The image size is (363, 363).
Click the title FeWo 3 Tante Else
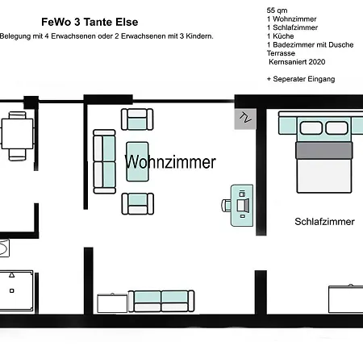coord(90,22)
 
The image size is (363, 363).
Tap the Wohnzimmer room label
coord(170,162)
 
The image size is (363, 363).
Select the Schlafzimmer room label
coord(324,222)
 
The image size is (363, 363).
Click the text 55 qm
coord(277,10)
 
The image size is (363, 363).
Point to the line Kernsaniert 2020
coord(297,62)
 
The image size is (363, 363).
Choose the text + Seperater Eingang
coord(301,79)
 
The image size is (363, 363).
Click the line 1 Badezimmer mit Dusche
coord(310,44)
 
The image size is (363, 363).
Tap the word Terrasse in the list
coord(281,53)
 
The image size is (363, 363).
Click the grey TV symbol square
coord(245,119)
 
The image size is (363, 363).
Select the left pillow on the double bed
coord(311,127)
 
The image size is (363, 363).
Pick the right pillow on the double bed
coord(336,127)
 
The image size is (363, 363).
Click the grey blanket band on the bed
coord(324,151)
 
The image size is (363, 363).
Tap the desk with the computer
coord(242,206)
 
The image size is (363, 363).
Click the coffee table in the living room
coord(137,161)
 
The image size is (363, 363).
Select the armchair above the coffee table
coord(137,119)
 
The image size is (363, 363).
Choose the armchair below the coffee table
coord(138,204)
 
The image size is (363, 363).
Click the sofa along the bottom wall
coord(161,301)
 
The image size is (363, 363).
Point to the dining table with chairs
coord(17,136)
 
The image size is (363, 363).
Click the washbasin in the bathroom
coord(4,248)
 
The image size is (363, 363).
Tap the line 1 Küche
coord(280,36)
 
